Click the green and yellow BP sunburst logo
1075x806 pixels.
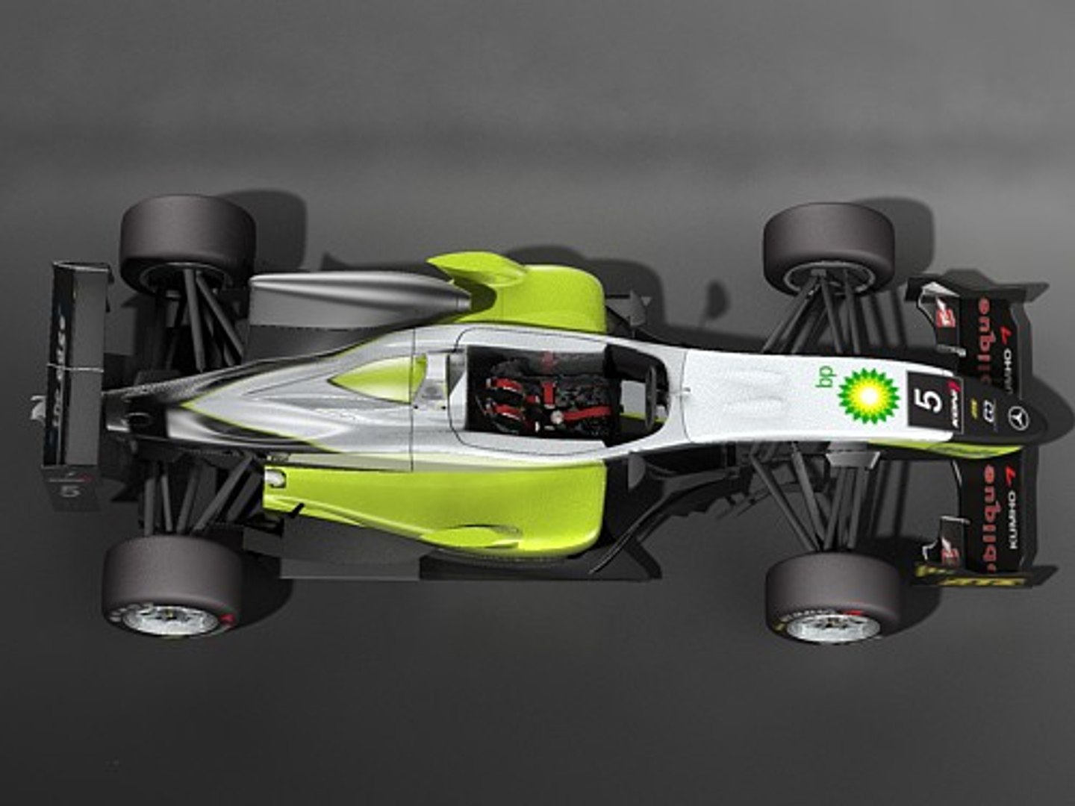[867, 396]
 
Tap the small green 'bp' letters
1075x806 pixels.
[827, 378]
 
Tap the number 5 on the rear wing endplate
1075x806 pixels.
[71, 491]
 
